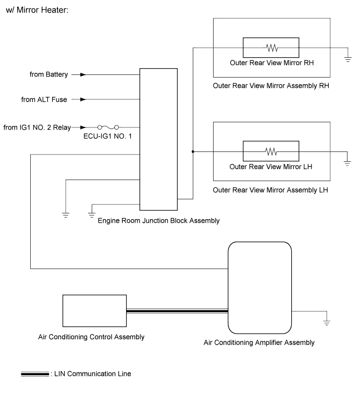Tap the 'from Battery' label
click(49, 75)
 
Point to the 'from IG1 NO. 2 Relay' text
click(37, 126)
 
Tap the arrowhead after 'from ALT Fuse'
click(82, 99)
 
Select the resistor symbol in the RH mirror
click(271, 48)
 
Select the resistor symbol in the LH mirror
click(271, 151)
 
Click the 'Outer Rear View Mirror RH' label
click(271, 62)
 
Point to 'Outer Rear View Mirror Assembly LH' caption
click(271, 189)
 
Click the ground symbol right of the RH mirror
click(347, 59)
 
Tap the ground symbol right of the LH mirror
click(347, 163)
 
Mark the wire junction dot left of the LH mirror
click(193, 151)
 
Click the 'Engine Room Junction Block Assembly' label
click(159, 221)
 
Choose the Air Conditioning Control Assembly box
click(94, 311)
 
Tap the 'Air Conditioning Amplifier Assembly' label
click(259, 342)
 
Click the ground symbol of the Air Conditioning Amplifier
click(327, 323)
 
